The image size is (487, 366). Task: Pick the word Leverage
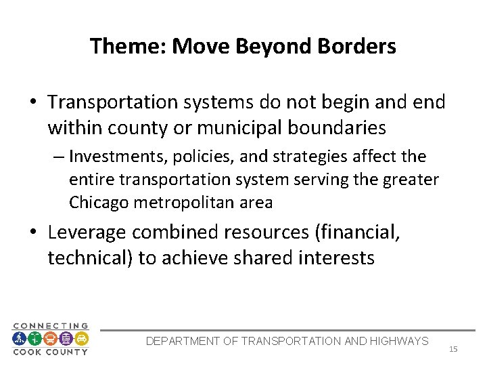tap(87, 232)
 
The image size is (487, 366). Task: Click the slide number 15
tap(453, 349)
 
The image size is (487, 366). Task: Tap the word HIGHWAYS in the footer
tap(398, 341)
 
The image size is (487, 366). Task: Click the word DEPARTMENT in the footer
tap(182, 341)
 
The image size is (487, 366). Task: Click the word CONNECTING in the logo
tap(51, 326)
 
